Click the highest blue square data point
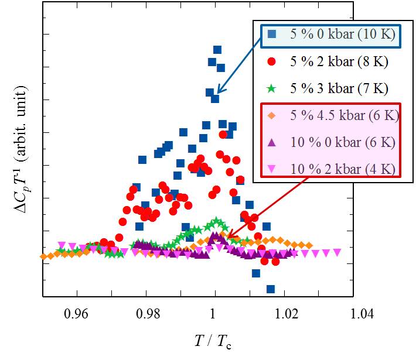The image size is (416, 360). point(217,50)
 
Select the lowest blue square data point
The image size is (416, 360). point(270,289)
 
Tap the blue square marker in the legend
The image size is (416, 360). point(272,34)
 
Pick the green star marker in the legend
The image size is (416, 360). point(271,89)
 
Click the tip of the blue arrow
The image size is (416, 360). point(215,93)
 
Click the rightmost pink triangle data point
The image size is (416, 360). point(337,252)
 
